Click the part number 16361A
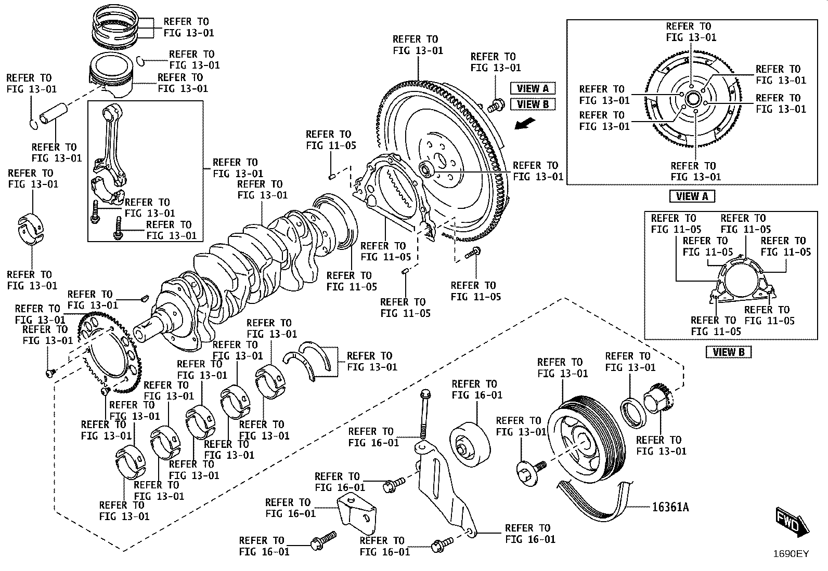(x=670, y=507)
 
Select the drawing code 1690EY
(x=791, y=554)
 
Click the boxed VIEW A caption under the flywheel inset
(x=692, y=196)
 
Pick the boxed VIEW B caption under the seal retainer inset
(x=729, y=352)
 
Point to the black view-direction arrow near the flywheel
(x=525, y=124)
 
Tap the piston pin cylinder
(x=54, y=114)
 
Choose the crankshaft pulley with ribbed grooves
(x=585, y=440)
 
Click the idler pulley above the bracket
(x=470, y=445)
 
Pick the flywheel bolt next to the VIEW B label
(x=496, y=105)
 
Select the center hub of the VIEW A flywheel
(x=692, y=99)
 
